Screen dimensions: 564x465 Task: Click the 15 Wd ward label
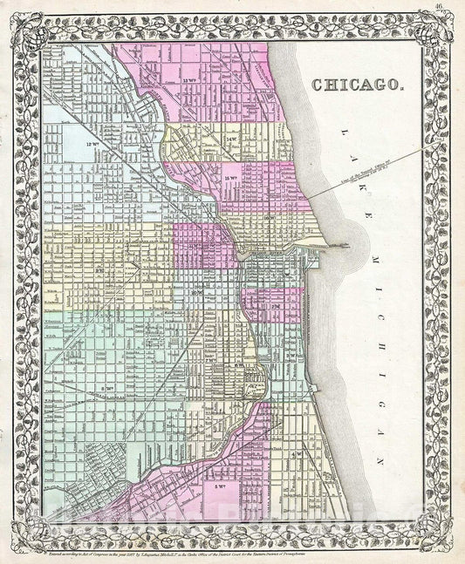[231, 178]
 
